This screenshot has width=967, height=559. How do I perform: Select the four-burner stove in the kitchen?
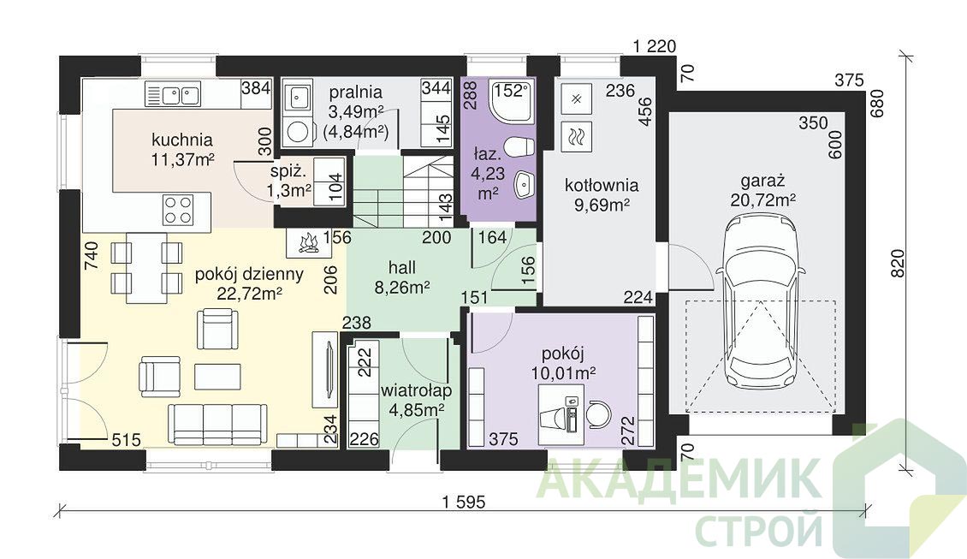click(x=178, y=210)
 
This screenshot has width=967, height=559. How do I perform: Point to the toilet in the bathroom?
click(x=518, y=147)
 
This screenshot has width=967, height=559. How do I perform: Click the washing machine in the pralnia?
click(x=298, y=132)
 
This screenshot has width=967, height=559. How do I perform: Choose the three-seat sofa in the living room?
click(x=217, y=424)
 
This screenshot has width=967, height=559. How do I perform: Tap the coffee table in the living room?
click(x=217, y=377)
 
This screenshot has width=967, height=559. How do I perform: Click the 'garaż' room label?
click(x=762, y=181)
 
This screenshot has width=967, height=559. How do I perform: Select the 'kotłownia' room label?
click(x=602, y=185)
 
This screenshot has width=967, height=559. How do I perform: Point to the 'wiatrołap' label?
click(x=416, y=390)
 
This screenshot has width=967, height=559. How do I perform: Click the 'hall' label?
click(x=402, y=267)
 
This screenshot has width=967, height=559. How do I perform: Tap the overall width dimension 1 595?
click(x=464, y=503)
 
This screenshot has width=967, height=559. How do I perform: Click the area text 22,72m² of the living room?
click(x=249, y=293)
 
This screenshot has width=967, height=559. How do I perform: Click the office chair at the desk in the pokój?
click(x=597, y=413)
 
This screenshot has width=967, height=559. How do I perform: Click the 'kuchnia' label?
click(x=182, y=140)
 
